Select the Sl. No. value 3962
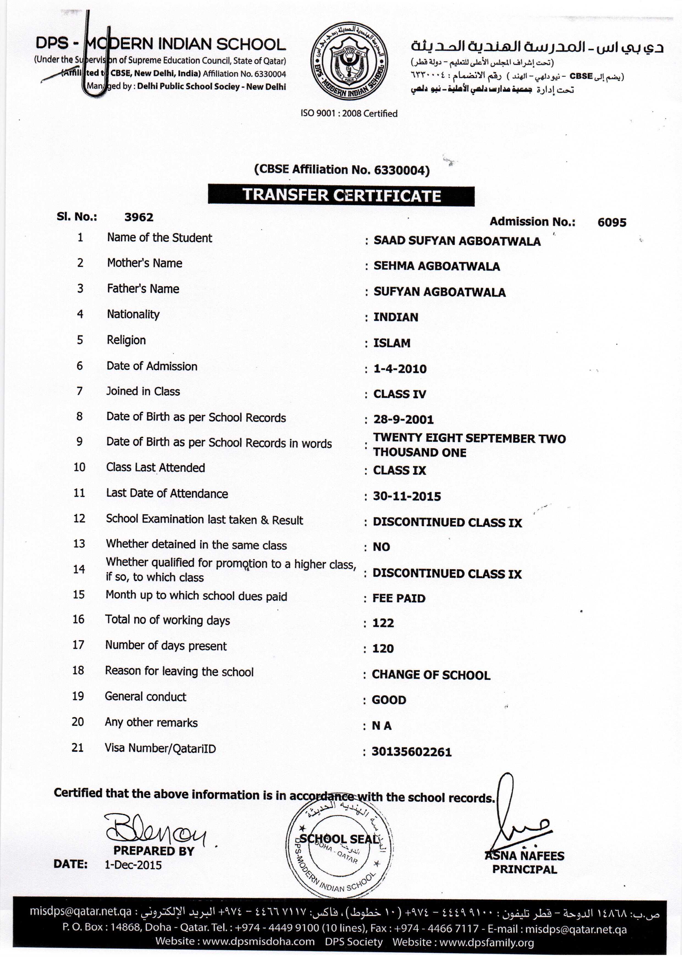[x=139, y=217]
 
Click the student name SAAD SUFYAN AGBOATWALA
[x=457, y=241]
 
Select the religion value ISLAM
[x=392, y=343]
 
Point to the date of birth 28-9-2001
[x=404, y=419]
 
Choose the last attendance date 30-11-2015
[x=407, y=496]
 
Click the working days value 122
[x=383, y=623]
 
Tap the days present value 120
[x=383, y=649]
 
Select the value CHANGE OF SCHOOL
[x=431, y=675]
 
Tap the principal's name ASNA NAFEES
[x=525, y=856]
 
